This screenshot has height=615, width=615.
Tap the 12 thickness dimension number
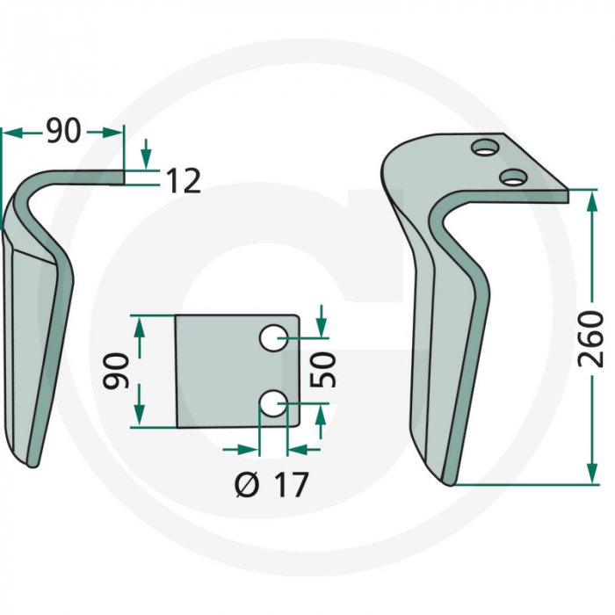click(x=183, y=181)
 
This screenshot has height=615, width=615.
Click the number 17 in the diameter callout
click(x=288, y=484)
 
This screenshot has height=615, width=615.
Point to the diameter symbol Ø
click(x=249, y=484)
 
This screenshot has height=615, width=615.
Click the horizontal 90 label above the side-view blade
click(x=62, y=132)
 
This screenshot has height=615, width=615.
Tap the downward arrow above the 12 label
click(x=145, y=158)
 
